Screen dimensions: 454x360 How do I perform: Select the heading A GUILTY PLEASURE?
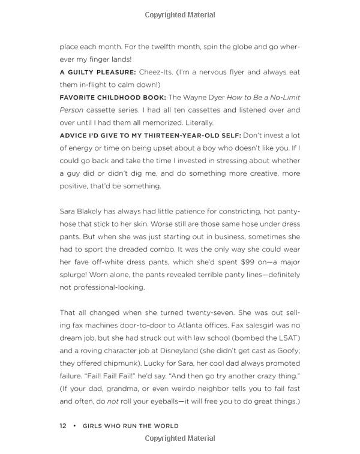(x=97, y=72)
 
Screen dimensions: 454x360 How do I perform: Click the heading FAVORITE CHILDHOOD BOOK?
(x=112, y=97)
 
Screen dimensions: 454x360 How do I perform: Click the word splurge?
(x=76, y=262)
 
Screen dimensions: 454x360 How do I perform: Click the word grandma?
(x=120, y=389)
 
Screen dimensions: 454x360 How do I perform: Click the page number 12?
(x=63, y=426)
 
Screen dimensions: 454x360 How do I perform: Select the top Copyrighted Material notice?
(x=180, y=15)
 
